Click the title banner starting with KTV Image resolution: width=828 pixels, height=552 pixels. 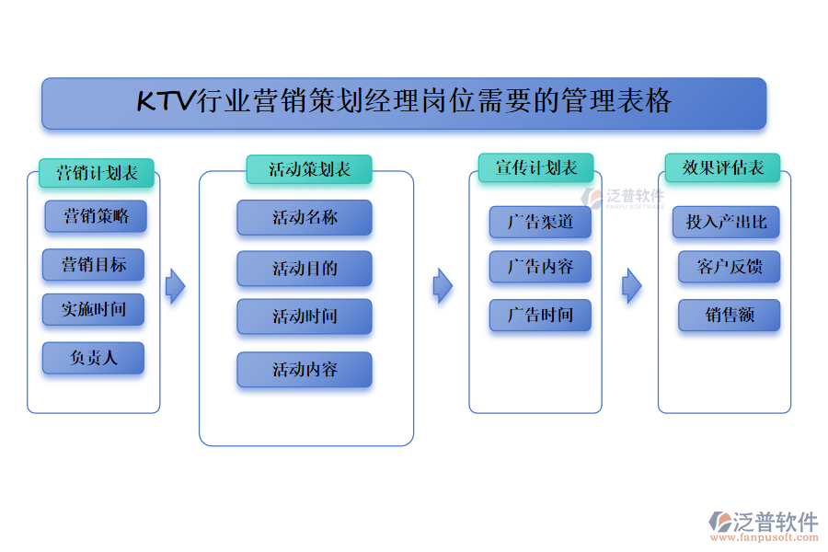click(x=404, y=102)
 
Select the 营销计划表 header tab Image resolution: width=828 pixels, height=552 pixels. click(x=97, y=173)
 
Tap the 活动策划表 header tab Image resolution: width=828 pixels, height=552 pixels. click(x=309, y=169)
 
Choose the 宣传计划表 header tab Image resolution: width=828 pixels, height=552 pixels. click(x=535, y=167)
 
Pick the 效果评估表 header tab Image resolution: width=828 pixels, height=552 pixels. click(x=723, y=167)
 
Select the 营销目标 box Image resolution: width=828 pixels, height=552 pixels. click(x=94, y=265)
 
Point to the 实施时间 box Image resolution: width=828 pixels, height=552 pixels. click(x=94, y=310)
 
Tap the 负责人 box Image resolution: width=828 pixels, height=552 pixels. click(x=94, y=358)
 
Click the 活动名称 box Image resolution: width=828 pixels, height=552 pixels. click(x=305, y=218)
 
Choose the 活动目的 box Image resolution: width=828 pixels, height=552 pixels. click(x=305, y=269)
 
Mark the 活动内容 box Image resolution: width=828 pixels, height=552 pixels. click(x=305, y=370)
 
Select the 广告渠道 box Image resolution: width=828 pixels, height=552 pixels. click(x=540, y=222)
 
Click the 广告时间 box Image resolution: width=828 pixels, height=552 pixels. click(x=540, y=316)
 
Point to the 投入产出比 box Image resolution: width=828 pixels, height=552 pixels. click(x=727, y=222)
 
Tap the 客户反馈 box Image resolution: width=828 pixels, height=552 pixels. click(x=730, y=267)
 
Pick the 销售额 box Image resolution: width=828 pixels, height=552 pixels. click(x=730, y=316)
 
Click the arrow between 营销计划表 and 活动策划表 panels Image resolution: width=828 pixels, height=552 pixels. click(x=175, y=286)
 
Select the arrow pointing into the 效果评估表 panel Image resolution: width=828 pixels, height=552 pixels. click(x=631, y=286)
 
